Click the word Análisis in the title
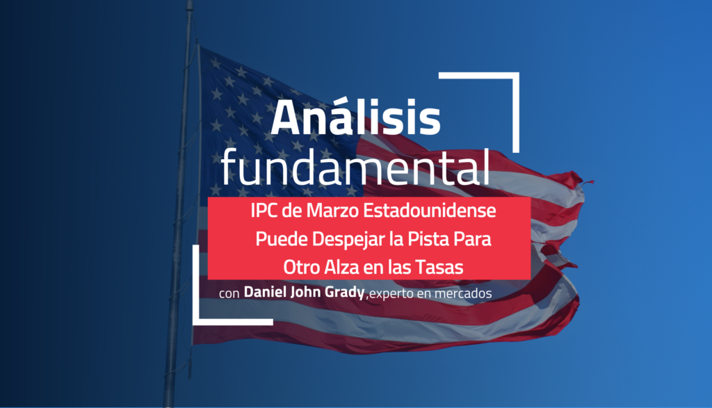(355, 118)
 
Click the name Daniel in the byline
(266, 293)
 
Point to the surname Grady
(344, 293)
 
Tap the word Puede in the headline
(276, 240)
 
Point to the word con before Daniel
(229, 294)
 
